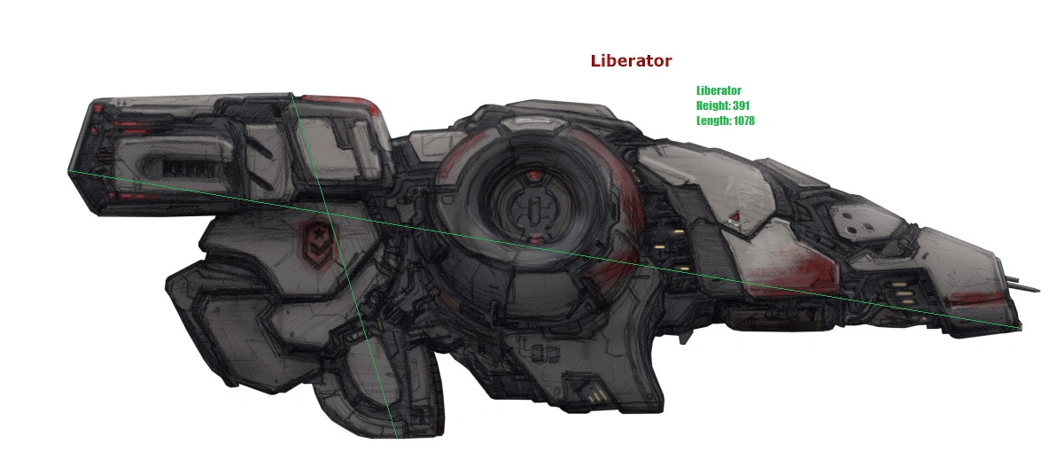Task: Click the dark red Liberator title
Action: point(631,61)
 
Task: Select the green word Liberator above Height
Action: point(718,90)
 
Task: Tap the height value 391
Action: point(742,105)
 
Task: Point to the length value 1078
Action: point(743,121)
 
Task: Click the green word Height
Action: point(713,105)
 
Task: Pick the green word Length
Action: point(714,121)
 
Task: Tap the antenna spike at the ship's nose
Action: point(1029,287)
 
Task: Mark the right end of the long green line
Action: point(1021,328)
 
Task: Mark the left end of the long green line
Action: point(69,170)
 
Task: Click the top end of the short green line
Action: point(291,92)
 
